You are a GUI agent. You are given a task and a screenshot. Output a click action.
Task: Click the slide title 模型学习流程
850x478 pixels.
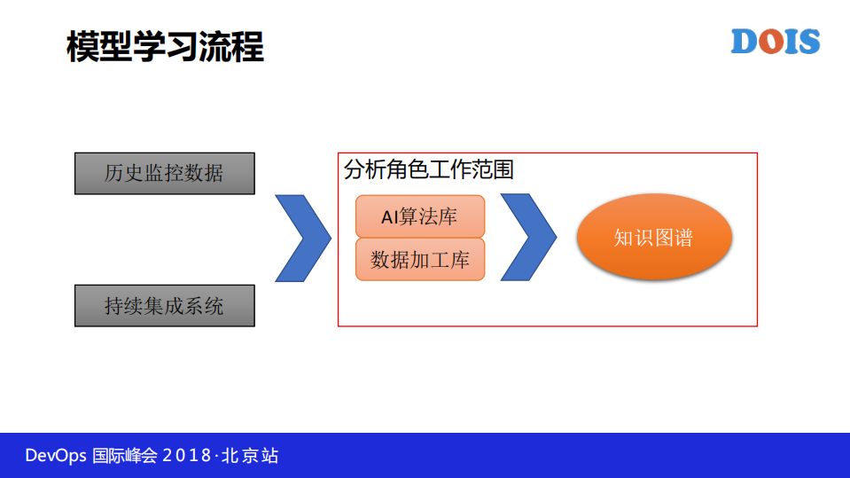(x=166, y=46)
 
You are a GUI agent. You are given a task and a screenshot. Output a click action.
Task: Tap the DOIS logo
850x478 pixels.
(x=775, y=42)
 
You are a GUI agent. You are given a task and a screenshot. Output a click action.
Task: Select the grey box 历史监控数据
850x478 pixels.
(x=164, y=173)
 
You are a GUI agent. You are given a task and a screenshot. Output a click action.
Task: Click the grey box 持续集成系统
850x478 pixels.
(x=164, y=306)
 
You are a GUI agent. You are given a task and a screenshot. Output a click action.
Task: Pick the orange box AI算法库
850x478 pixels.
(x=420, y=216)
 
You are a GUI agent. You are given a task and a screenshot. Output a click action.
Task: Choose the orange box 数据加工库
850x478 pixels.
(x=420, y=260)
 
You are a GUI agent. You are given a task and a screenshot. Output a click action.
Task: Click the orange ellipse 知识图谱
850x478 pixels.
(x=654, y=238)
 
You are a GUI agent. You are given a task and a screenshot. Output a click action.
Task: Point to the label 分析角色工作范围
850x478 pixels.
(x=429, y=169)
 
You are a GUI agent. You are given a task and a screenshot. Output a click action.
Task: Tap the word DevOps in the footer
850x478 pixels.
(x=55, y=456)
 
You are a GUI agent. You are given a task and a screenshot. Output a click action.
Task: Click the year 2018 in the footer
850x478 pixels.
(x=186, y=456)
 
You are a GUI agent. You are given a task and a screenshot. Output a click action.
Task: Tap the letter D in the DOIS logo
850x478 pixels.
(x=745, y=42)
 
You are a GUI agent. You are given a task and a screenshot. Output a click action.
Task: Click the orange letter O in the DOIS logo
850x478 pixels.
(x=770, y=42)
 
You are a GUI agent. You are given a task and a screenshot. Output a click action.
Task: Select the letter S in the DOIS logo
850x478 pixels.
(x=807, y=42)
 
